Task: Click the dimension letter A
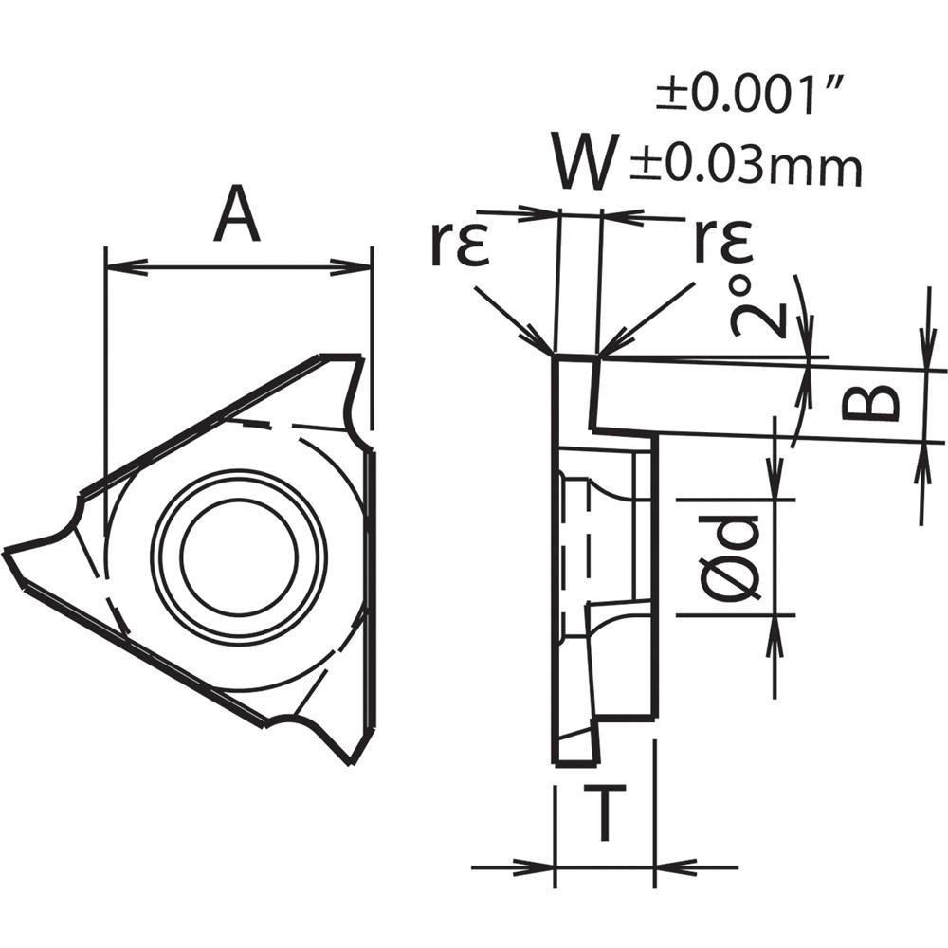pyautogui.click(x=237, y=215)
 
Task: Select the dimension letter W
pyautogui.click(x=586, y=164)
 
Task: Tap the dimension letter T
pyautogui.click(x=604, y=814)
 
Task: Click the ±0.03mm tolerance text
pyautogui.click(x=746, y=168)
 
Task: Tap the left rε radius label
pyautogui.click(x=458, y=243)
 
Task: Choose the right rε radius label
pyautogui.click(x=723, y=243)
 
